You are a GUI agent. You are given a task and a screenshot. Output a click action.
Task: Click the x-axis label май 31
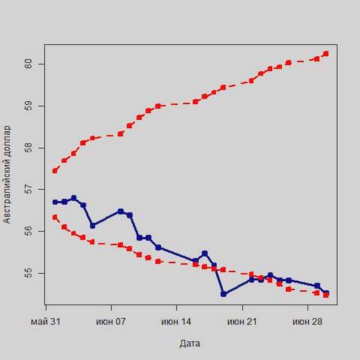(46, 322)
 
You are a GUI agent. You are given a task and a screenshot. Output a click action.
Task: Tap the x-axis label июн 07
(111, 322)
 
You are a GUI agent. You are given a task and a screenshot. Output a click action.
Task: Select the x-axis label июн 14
(176, 322)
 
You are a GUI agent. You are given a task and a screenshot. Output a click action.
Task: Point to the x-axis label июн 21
(242, 322)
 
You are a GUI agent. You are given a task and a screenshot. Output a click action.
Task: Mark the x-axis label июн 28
(307, 322)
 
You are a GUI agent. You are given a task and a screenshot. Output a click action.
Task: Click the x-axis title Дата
(190, 343)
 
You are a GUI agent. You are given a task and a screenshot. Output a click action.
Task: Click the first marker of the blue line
(55, 202)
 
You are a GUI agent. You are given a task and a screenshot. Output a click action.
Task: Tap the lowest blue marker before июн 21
(223, 294)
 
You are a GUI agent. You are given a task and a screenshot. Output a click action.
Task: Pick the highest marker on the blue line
(74, 198)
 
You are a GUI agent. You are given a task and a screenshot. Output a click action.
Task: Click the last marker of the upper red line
(326, 54)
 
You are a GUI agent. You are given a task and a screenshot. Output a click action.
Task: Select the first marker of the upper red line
(55, 171)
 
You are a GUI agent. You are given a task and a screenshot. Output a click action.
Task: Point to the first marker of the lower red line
(55, 217)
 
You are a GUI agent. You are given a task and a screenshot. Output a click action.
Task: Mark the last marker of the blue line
(326, 292)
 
